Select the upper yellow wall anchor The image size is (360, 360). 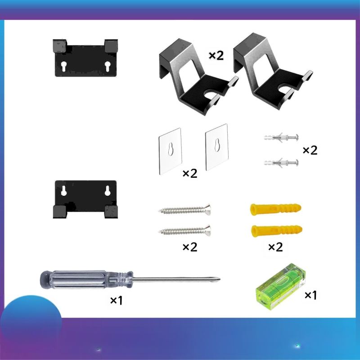[275, 209]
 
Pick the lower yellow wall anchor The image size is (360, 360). [275, 231]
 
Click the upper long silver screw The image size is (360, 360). [185, 210]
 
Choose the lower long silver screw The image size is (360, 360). [185, 231]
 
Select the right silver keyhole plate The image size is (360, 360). [216, 147]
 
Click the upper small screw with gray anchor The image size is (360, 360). [280, 136]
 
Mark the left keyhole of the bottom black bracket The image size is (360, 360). [64, 190]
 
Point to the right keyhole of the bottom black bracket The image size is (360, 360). [107, 190]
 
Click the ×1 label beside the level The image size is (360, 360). [311, 295]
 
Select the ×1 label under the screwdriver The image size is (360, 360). [117, 300]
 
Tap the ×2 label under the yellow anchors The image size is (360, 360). [275, 247]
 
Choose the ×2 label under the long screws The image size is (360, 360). [190, 247]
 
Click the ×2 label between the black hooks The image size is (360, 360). [216, 55]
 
